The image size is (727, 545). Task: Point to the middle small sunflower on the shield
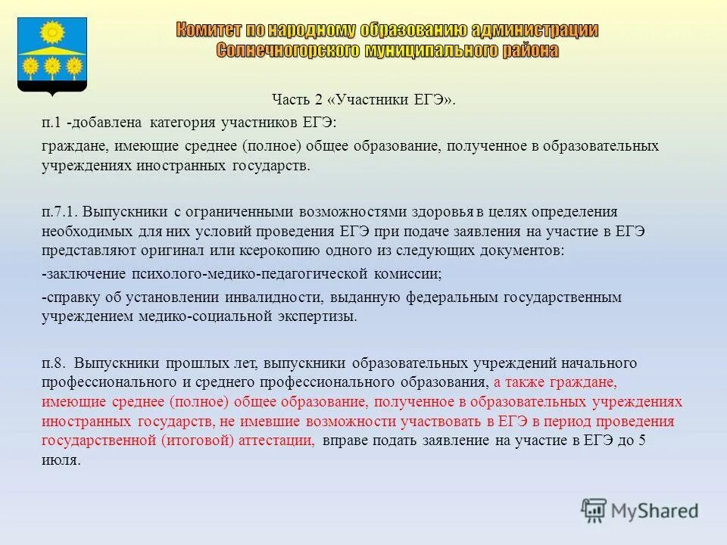pyautogui.click(x=52, y=67)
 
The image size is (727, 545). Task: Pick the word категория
pyautogui.click(x=182, y=122)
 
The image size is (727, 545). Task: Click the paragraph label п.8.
pyautogui.click(x=54, y=363)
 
